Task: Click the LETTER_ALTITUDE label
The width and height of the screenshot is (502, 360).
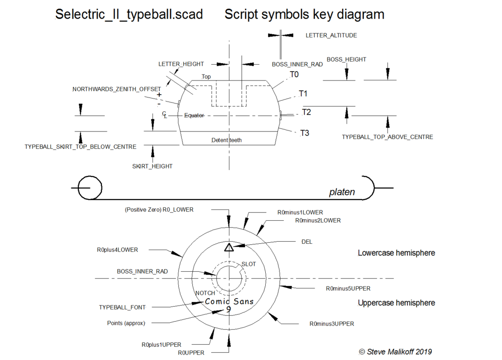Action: pyautogui.click(x=331, y=35)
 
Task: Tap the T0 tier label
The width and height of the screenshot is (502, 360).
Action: pyautogui.click(x=294, y=75)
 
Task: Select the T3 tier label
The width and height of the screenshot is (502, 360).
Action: pyautogui.click(x=304, y=133)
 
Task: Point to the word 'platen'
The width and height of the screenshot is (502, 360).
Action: pyautogui.click(x=342, y=192)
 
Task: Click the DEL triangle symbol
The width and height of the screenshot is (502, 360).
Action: pyautogui.click(x=228, y=247)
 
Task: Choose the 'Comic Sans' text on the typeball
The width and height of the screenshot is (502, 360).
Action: pyautogui.click(x=229, y=301)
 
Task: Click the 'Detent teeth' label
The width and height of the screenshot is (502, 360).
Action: pyautogui.click(x=226, y=140)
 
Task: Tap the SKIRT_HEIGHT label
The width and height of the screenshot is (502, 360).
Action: pyautogui.click(x=152, y=166)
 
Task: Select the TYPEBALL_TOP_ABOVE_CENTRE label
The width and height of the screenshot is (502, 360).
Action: pyautogui.click(x=387, y=137)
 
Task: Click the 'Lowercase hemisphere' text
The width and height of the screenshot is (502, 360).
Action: pyautogui.click(x=396, y=253)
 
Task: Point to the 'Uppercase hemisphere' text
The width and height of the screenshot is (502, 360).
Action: pyautogui.click(x=396, y=303)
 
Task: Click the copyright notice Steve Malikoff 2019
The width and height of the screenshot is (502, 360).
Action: pyautogui.click(x=395, y=351)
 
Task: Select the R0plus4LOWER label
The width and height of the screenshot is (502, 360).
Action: pyautogui.click(x=117, y=250)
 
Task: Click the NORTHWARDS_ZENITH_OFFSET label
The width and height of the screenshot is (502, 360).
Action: pyautogui.click(x=117, y=89)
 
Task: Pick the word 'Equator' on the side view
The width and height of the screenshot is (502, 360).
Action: pyautogui.click(x=194, y=115)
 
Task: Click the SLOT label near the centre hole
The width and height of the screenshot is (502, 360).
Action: pyautogui.click(x=249, y=264)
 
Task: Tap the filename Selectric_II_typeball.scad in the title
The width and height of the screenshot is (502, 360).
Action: pyautogui.click(x=129, y=15)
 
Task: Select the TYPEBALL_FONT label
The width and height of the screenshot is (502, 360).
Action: pyautogui.click(x=122, y=307)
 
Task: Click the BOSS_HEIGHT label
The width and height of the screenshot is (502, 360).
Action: pyautogui.click(x=346, y=59)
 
